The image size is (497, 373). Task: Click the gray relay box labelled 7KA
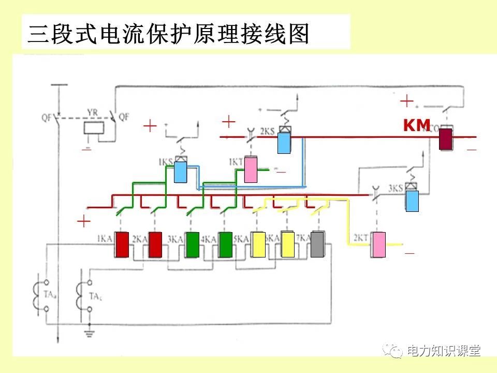pyautogui.click(x=317, y=245)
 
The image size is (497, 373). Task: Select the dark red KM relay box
pyautogui.click(x=446, y=139)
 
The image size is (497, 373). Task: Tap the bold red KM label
pyautogui.click(x=417, y=125)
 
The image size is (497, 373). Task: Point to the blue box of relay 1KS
pyautogui.click(x=180, y=172)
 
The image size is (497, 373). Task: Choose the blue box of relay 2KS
pyautogui.click(x=284, y=142)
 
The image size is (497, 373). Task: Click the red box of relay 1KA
pyautogui.click(x=122, y=245)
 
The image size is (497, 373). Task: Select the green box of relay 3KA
pyautogui.click(x=193, y=245)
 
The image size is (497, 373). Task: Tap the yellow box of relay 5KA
pyautogui.click(x=258, y=245)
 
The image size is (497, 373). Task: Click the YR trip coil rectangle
pyautogui.click(x=94, y=128)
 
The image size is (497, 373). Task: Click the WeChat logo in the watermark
pyautogui.click(x=395, y=351)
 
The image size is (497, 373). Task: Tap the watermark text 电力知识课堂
pyautogui.click(x=444, y=351)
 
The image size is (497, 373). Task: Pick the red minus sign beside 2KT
pyautogui.click(x=410, y=253)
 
